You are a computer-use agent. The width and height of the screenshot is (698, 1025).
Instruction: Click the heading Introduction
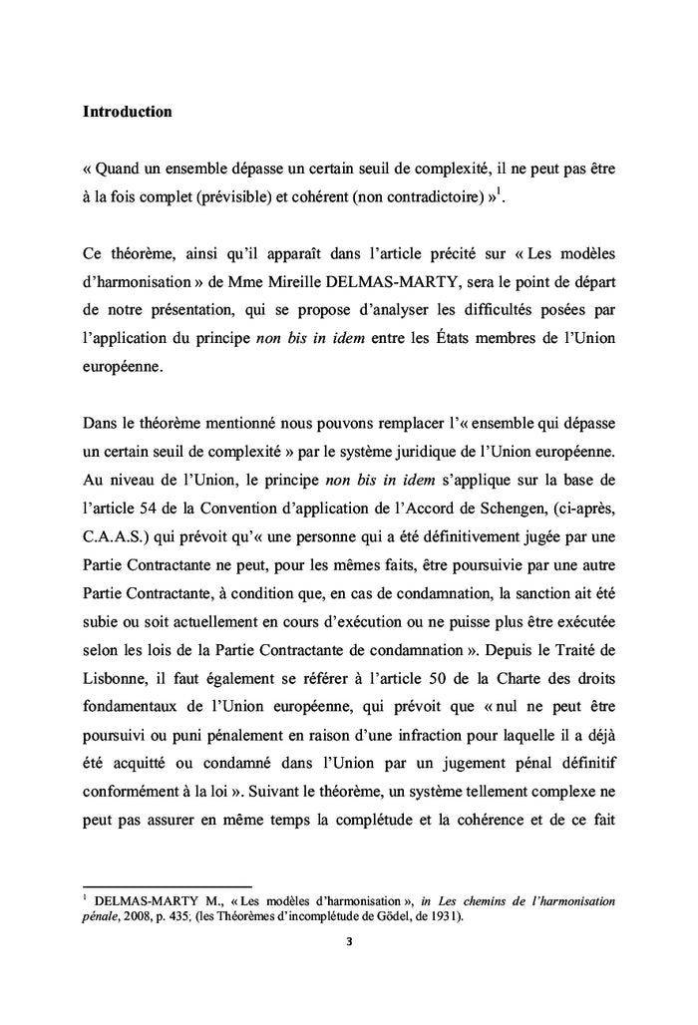[127, 112]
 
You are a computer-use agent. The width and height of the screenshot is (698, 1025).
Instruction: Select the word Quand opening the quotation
[122, 170]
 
